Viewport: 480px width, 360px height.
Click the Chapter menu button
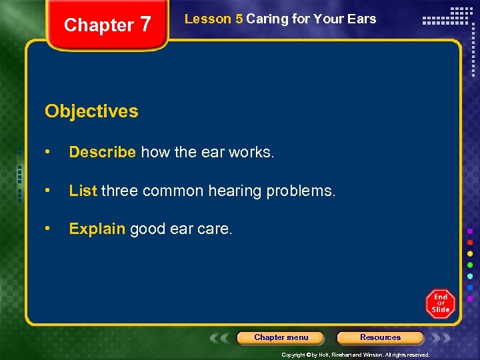(281, 337)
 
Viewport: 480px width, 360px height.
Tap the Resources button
(380, 337)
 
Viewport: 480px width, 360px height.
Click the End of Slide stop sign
(440, 303)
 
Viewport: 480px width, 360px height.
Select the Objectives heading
(91, 111)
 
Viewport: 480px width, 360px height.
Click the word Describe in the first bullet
(103, 152)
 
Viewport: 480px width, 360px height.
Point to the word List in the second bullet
(83, 191)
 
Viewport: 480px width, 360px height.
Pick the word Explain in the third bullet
(97, 229)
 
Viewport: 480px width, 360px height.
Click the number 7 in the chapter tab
(145, 25)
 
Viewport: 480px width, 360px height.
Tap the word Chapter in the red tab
(99, 25)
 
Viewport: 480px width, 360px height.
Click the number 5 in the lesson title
(239, 19)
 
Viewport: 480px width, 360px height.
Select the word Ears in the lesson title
(361, 19)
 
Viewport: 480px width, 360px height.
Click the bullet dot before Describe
(48, 152)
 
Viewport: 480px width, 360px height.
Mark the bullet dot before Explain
(48, 229)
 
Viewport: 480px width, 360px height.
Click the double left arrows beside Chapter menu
(221, 338)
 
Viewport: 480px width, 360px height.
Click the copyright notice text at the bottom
(355, 355)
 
